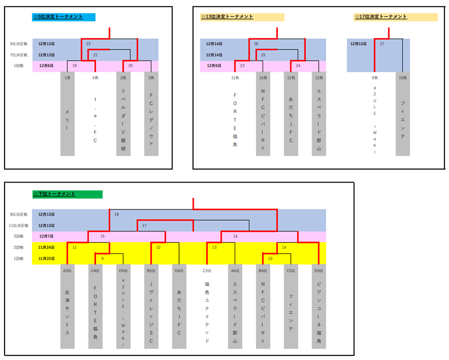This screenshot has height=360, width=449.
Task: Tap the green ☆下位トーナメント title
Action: tap(54, 194)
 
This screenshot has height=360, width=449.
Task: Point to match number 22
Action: tap(89, 43)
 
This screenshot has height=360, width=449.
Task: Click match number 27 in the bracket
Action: tap(382, 43)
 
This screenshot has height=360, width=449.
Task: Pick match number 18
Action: tap(116, 215)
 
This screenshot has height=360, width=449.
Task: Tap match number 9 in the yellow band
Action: tap(102, 258)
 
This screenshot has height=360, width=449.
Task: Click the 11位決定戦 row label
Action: tap(19, 226)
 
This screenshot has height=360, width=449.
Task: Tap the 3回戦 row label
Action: tap(19, 236)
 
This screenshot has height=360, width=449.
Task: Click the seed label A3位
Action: tap(67, 270)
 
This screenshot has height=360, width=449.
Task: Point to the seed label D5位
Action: tap(123, 270)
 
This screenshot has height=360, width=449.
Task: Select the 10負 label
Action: tap(402, 78)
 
